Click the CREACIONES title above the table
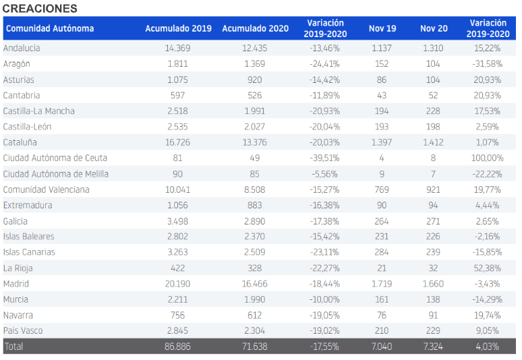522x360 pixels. pos(40,8)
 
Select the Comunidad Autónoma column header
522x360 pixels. pos(50,28)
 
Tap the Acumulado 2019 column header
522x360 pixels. pos(178,28)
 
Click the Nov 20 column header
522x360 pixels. pos(434,28)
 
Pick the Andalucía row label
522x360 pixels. pos(22,48)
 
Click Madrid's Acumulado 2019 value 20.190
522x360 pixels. pos(178,284)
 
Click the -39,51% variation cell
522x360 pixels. pos(324,158)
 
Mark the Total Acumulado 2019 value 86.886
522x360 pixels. pos(178,347)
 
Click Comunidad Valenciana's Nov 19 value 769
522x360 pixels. pos(382,189)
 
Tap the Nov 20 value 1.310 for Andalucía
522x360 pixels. pos(434,48)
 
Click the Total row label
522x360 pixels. pos(13,347)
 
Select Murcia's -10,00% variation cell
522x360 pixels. pos(324,299)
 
